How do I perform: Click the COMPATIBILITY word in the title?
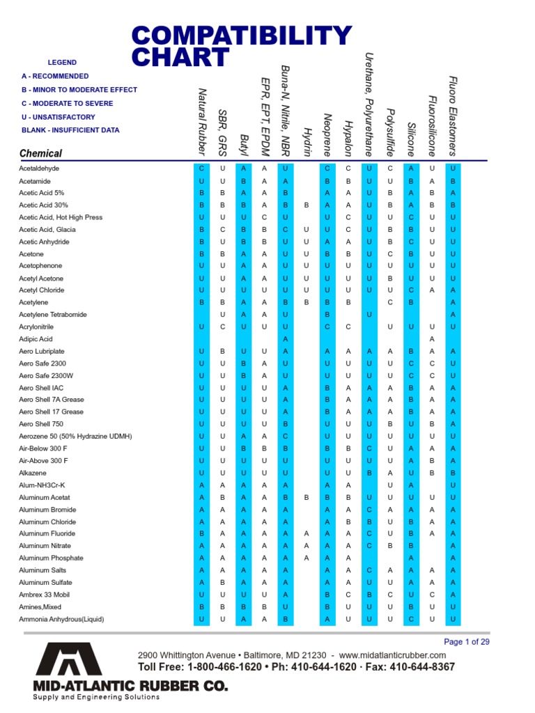click(x=242, y=36)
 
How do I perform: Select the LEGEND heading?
click(x=62, y=63)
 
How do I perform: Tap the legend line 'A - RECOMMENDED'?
click(x=55, y=76)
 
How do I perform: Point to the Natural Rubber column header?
click(x=203, y=121)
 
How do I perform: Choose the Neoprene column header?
click(x=327, y=134)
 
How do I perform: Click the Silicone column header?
click(x=411, y=135)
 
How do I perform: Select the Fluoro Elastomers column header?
click(x=453, y=116)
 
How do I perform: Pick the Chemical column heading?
click(x=40, y=153)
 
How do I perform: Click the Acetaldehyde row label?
click(x=39, y=169)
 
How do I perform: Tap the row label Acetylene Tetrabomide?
click(x=53, y=315)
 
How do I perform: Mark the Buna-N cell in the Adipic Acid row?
click(x=286, y=339)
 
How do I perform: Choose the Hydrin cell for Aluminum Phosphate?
click(x=307, y=558)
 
